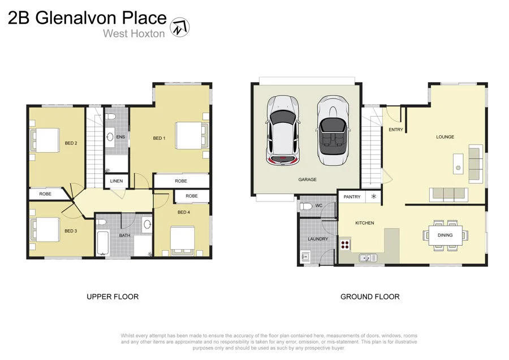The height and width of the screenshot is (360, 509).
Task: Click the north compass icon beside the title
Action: [x=180, y=26]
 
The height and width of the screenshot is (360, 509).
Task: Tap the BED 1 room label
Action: [x=159, y=138]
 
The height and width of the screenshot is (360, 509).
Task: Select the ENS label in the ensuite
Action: [x=120, y=137]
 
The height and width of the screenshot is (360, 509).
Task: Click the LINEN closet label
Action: [x=117, y=181]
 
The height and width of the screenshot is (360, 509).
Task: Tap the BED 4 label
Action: [x=184, y=212]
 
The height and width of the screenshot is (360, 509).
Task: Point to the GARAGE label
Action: [x=308, y=179]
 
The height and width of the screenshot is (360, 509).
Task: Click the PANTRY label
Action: [x=352, y=197]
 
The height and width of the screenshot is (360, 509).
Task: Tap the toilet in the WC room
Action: [x=305, y=207]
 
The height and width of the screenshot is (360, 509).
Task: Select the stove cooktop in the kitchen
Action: [x=344, y=245]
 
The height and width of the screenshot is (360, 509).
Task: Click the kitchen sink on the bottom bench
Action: [x=368, y=258]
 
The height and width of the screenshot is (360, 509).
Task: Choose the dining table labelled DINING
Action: [x=446, y=235]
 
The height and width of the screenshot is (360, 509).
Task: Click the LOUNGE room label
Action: [x=445, y=137]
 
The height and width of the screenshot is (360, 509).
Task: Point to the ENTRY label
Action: [x=396, y=130]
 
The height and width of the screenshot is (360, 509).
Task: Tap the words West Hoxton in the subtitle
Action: [x=133, y=33]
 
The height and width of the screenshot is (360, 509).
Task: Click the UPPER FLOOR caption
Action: [x=113, y=297]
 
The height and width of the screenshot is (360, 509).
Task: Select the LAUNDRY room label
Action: [x=318, y=239]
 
